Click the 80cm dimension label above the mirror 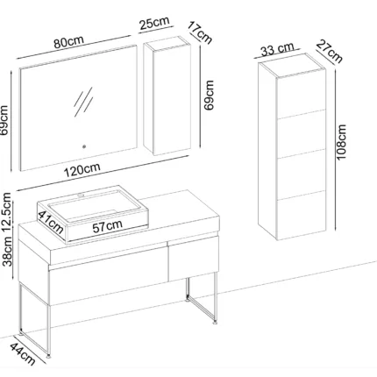[x=68, y=42]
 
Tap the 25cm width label [x=154, y=24]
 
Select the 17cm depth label [x=200, y=32]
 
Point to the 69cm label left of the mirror [x=4, y=120]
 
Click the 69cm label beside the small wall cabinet [x=209, y=96]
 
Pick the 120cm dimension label [x=82, y=169]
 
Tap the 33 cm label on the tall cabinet [x=277, y=49]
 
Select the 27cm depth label [x=330, y=52]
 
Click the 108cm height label [x=341, y=142]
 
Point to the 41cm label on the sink [x=51, y=222]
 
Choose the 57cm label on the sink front [x=107, y=226]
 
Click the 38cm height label [x=7, y=252]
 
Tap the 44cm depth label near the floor [x=23, y=354]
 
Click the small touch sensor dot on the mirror [x=84, y=146]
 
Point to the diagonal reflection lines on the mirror [x=83, y=102]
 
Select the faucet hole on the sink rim [x=81, y=194]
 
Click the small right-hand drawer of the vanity [x=194, y=259]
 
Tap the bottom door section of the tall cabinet [x=301, y=216]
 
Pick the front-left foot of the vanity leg [x=48, y=356]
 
